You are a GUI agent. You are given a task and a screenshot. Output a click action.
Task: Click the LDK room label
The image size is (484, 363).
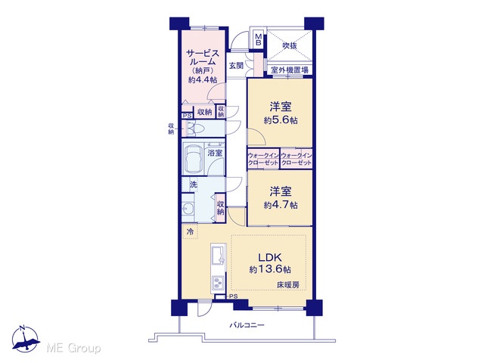(269, 257)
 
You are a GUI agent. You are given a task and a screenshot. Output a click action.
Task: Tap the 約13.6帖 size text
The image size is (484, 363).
(270, 269)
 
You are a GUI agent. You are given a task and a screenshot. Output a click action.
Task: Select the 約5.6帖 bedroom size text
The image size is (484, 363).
(281, 120)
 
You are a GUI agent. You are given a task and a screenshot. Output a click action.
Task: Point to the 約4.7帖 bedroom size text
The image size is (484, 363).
(281, 205)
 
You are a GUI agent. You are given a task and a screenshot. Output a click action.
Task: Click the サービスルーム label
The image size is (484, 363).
(203, 57)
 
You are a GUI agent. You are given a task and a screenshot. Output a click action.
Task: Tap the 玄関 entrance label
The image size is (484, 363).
(236, 66)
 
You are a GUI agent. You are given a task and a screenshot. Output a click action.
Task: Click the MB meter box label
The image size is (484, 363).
(258, 39)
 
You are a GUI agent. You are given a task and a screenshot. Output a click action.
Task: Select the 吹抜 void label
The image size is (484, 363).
(290, 45)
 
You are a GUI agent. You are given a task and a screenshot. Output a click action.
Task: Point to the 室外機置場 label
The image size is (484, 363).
(290, 70)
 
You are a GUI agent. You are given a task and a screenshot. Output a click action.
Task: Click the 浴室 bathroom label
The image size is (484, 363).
(215, 153)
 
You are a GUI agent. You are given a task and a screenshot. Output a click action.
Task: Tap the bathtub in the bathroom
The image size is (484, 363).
(194, 159)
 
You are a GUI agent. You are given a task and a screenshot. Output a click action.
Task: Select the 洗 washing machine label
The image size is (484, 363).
(194, 185)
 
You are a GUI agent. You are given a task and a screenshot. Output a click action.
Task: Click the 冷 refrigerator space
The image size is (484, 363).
(191, 231)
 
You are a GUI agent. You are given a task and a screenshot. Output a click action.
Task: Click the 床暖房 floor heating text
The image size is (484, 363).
(287, 285)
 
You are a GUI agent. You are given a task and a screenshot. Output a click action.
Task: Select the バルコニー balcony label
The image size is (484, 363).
(247, 325)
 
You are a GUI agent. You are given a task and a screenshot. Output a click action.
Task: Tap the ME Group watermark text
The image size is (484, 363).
(73, 349)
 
